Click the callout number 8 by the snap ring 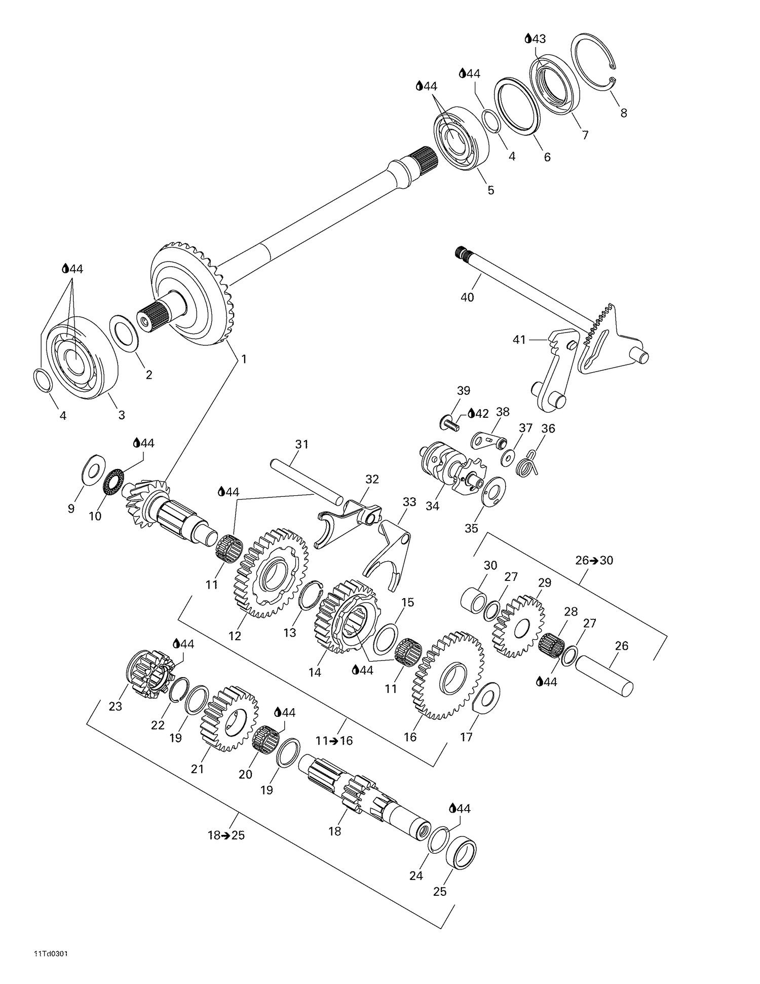point(624,113)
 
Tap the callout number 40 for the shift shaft point(467,297)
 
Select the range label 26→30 point(594,560)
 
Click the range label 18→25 point(226,835)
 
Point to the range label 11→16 point(334,740)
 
